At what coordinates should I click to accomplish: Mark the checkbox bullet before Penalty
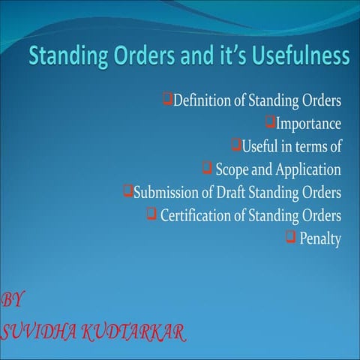coord(290,238)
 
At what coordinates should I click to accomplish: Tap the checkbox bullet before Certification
coord(151,214)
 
